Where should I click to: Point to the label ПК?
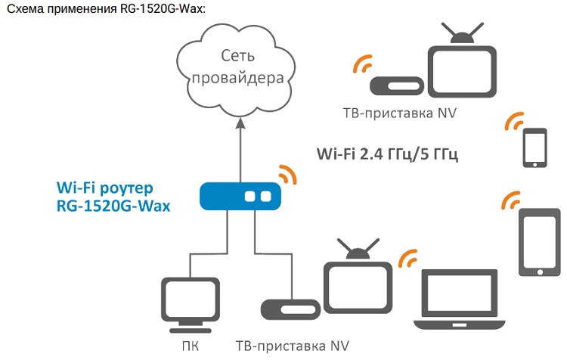point(191,346)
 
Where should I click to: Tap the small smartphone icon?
point(534,147)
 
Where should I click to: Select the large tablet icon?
point(539,243)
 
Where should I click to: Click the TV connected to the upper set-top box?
point(462,71)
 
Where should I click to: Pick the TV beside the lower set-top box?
point(356,283)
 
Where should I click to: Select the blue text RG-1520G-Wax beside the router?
point(113,204)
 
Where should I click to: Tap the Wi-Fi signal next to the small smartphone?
point(515,123)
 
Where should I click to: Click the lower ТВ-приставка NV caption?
point(293,346)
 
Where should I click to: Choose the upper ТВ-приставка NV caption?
point(398,113)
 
